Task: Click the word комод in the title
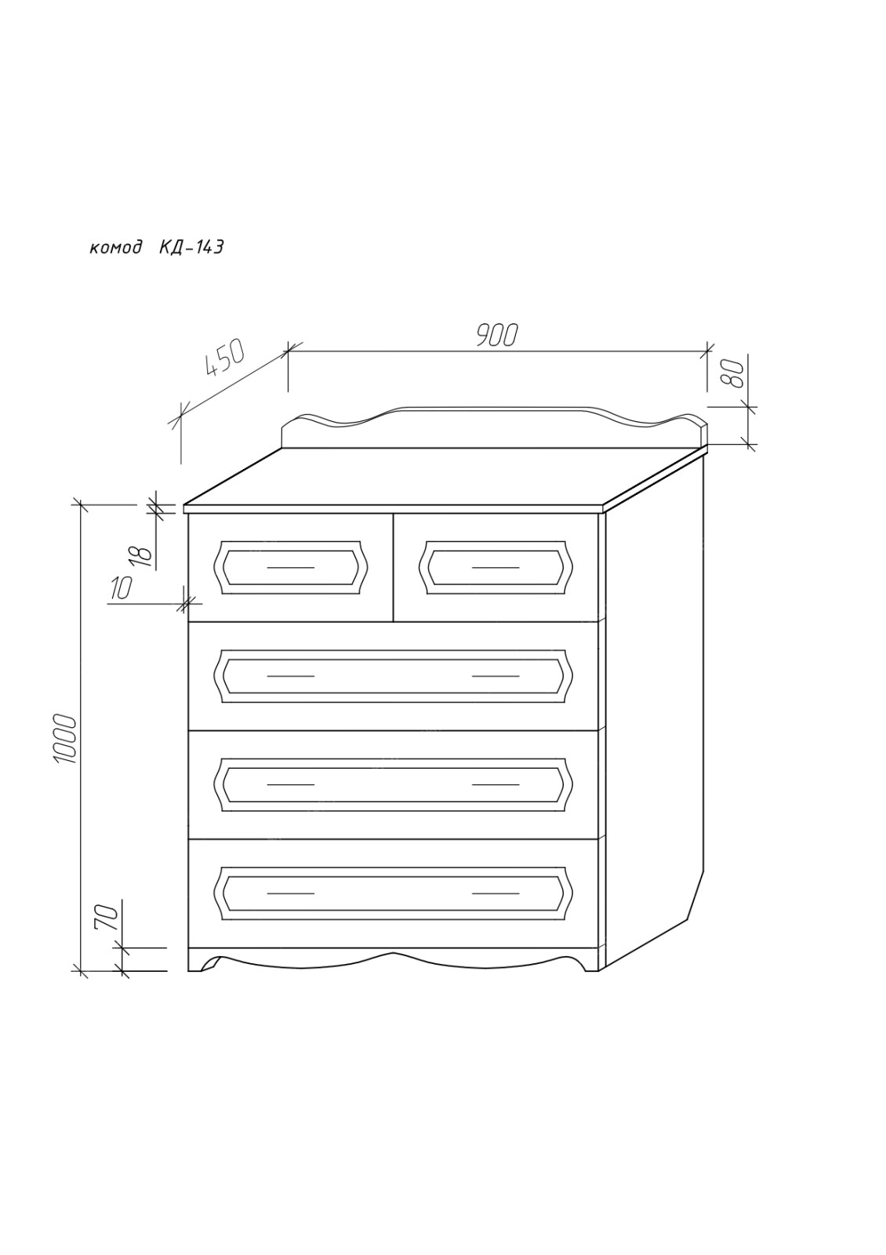point(115,248)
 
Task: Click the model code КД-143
point(191,246)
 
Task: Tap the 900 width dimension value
point(495,335)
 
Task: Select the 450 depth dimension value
point(225,358)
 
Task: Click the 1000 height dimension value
point(64,738)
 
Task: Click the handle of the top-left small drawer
point(291,567)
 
